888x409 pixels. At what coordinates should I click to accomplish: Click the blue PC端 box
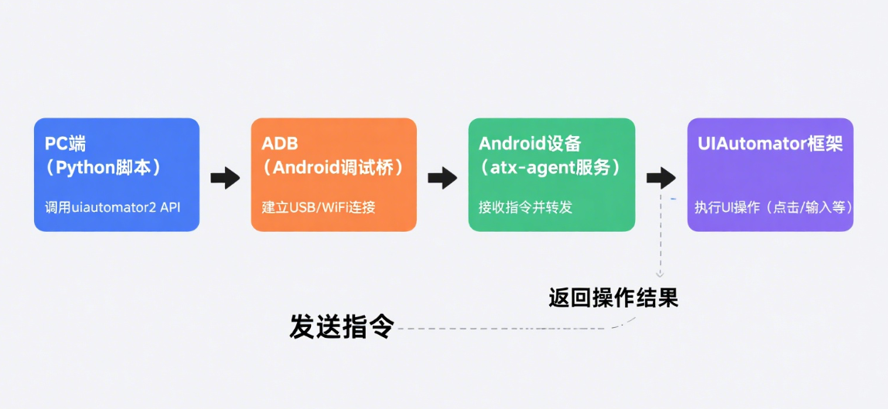pos(116,175)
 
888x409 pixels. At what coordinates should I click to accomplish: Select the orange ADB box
pos(333,175)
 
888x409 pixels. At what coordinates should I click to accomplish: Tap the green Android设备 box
pos(552,175)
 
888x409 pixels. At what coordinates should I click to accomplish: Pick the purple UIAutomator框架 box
pos(770,175)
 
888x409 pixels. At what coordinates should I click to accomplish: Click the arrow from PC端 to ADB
pos(225,178)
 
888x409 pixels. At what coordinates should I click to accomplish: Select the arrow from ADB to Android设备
pos(442,178)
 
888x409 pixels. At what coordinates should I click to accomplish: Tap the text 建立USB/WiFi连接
pos(318,207)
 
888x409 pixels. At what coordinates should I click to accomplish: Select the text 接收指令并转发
pos(525,207)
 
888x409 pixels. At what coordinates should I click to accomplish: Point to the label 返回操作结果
pos(613,298)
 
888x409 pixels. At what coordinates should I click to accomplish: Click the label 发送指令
pos(342,326)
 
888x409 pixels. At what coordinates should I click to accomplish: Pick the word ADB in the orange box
pos(280,144)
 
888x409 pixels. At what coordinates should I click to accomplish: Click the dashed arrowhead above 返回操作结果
pos(660,273)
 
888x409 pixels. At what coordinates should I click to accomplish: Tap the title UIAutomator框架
pos(770,145)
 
